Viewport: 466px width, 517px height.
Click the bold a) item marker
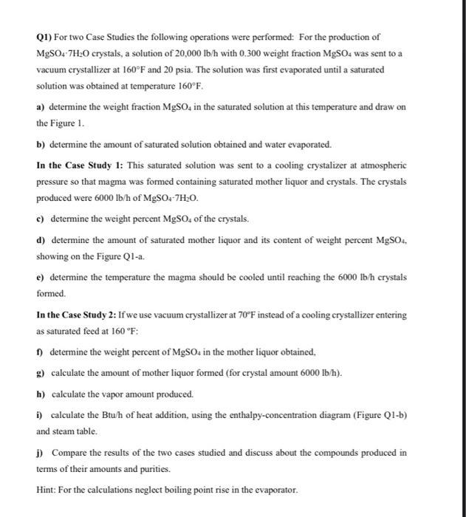41,107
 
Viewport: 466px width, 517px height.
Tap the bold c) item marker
41,219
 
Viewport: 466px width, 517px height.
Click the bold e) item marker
41,277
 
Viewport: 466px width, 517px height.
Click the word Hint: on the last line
47,490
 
